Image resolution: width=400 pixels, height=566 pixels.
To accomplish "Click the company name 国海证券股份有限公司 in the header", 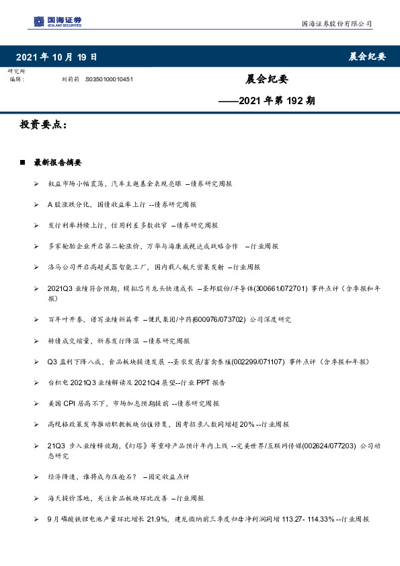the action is coord(336,24).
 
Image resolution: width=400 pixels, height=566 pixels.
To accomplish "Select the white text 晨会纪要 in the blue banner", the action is coord(367,56).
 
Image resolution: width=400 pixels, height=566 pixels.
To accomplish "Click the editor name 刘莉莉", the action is coord(70,79).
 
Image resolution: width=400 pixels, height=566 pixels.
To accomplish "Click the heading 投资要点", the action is coord(44,126).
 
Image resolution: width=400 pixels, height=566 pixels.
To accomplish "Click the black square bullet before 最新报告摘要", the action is coord(24,163).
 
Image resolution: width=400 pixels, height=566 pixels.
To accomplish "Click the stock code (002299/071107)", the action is coord(259,362).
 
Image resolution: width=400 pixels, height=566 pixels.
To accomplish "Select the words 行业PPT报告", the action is coord(214,382).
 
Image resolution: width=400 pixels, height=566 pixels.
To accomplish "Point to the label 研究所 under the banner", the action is coord(16,71).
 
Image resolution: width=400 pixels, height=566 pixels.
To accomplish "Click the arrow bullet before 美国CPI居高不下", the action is coord(36,403).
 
